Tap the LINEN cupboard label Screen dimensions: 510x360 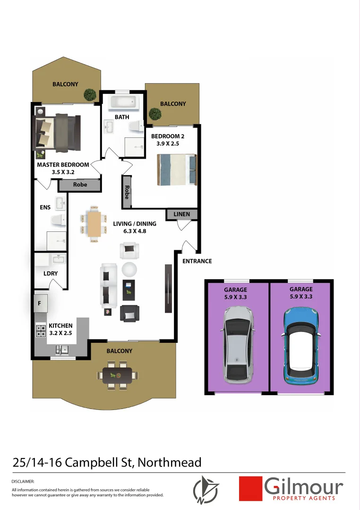(x=182, y=214)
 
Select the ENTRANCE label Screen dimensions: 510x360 (x=197, y=261)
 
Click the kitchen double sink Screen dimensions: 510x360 (x=63, y=350)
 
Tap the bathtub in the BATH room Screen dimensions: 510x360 (x=122, y=102)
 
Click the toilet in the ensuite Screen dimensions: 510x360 (x=59, y=220)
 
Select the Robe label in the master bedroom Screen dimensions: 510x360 (x=80, y=185)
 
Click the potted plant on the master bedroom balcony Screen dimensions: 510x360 (x=90, y=94)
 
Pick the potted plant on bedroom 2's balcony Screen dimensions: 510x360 (x=154, y=114)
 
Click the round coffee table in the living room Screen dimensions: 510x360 (x=129, y=270)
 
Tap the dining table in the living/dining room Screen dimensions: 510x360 (x=94, y=224)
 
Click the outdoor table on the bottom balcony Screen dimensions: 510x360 (x=117, y=375)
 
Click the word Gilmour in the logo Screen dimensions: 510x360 (x=304, y=486)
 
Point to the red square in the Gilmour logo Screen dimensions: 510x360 (x=250, y=488)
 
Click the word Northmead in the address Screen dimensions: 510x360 (x=170, y=463)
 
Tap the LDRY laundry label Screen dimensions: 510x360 (x=50, y=273)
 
